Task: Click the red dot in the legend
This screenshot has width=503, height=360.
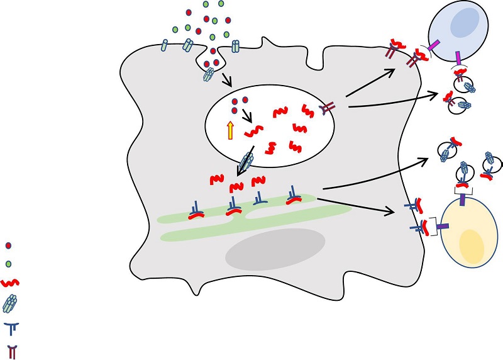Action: pos(8,246)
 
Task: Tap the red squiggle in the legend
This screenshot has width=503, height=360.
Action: pos(9,283)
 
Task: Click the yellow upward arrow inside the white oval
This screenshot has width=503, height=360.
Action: pos(230,130)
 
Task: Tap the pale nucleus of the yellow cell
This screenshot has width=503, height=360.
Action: pos(472,245)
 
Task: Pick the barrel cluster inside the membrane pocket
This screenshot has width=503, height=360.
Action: pos(209,75)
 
